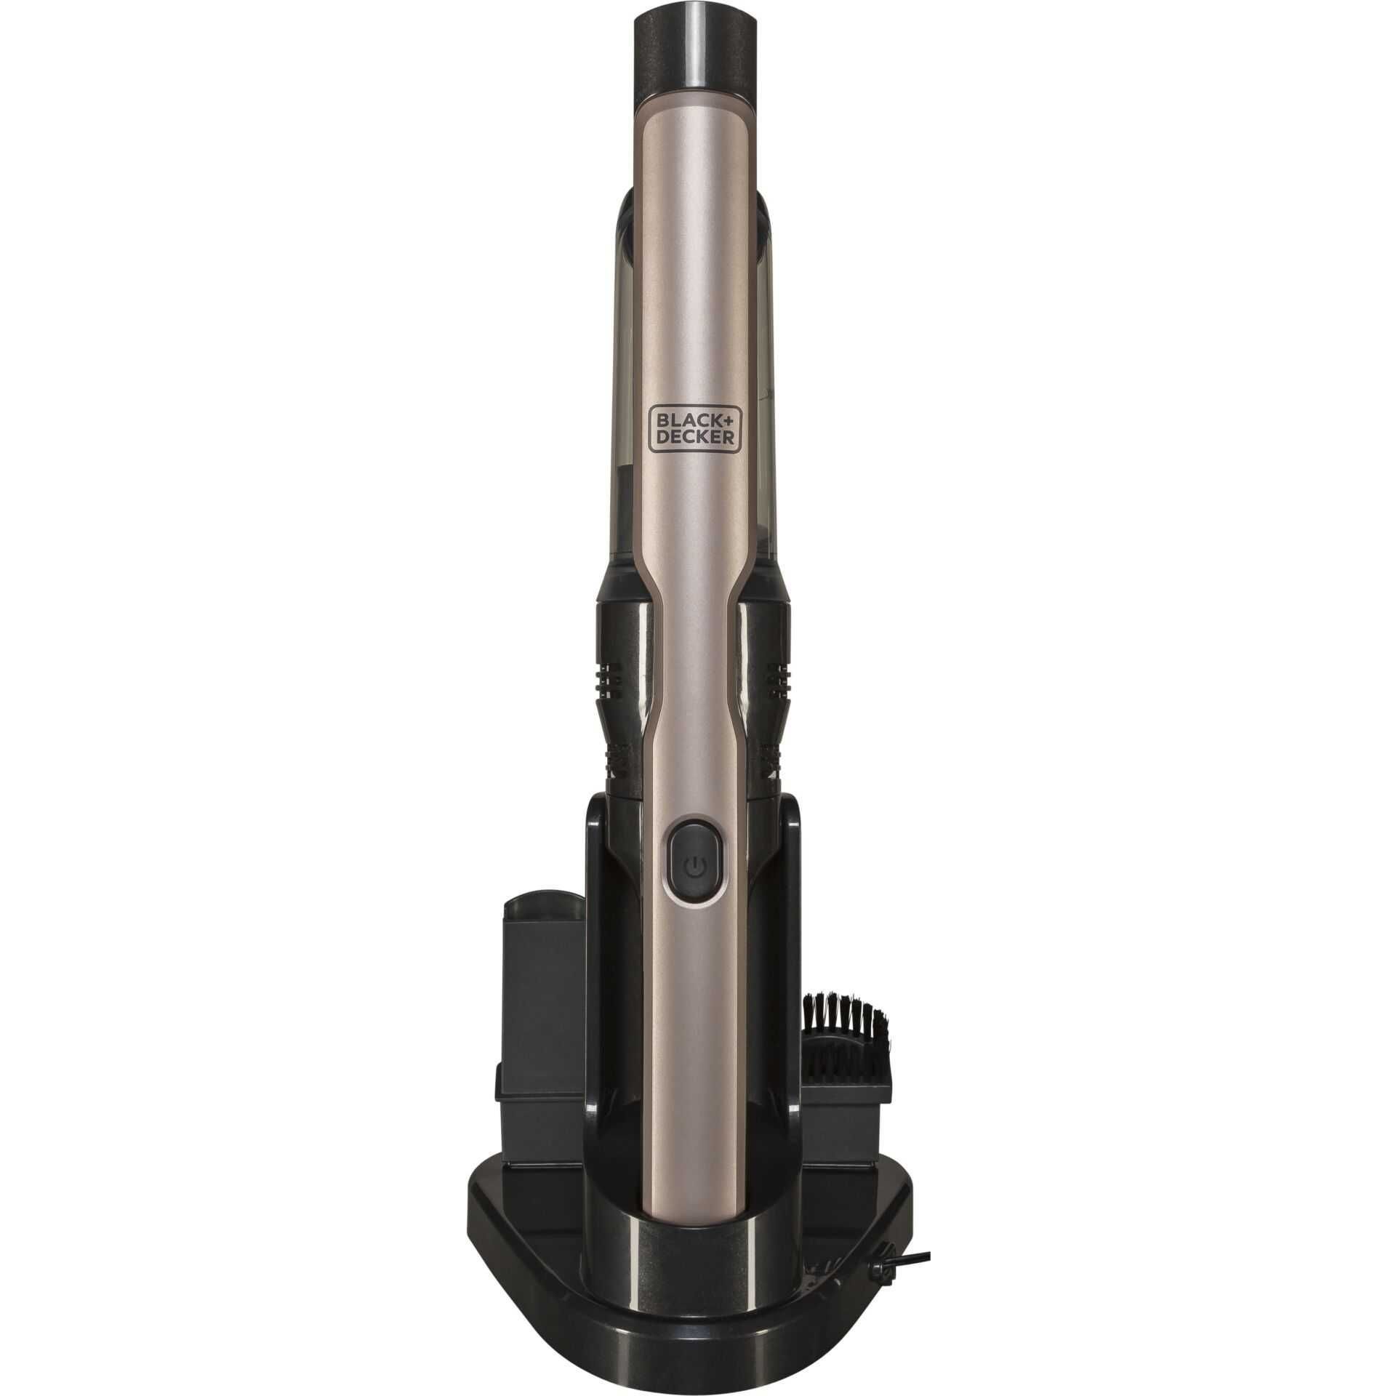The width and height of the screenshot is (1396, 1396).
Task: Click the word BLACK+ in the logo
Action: pyautogui.click(x=696, y=421)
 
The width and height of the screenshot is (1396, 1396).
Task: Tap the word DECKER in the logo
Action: pyautogui.click(x=696, y=441)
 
